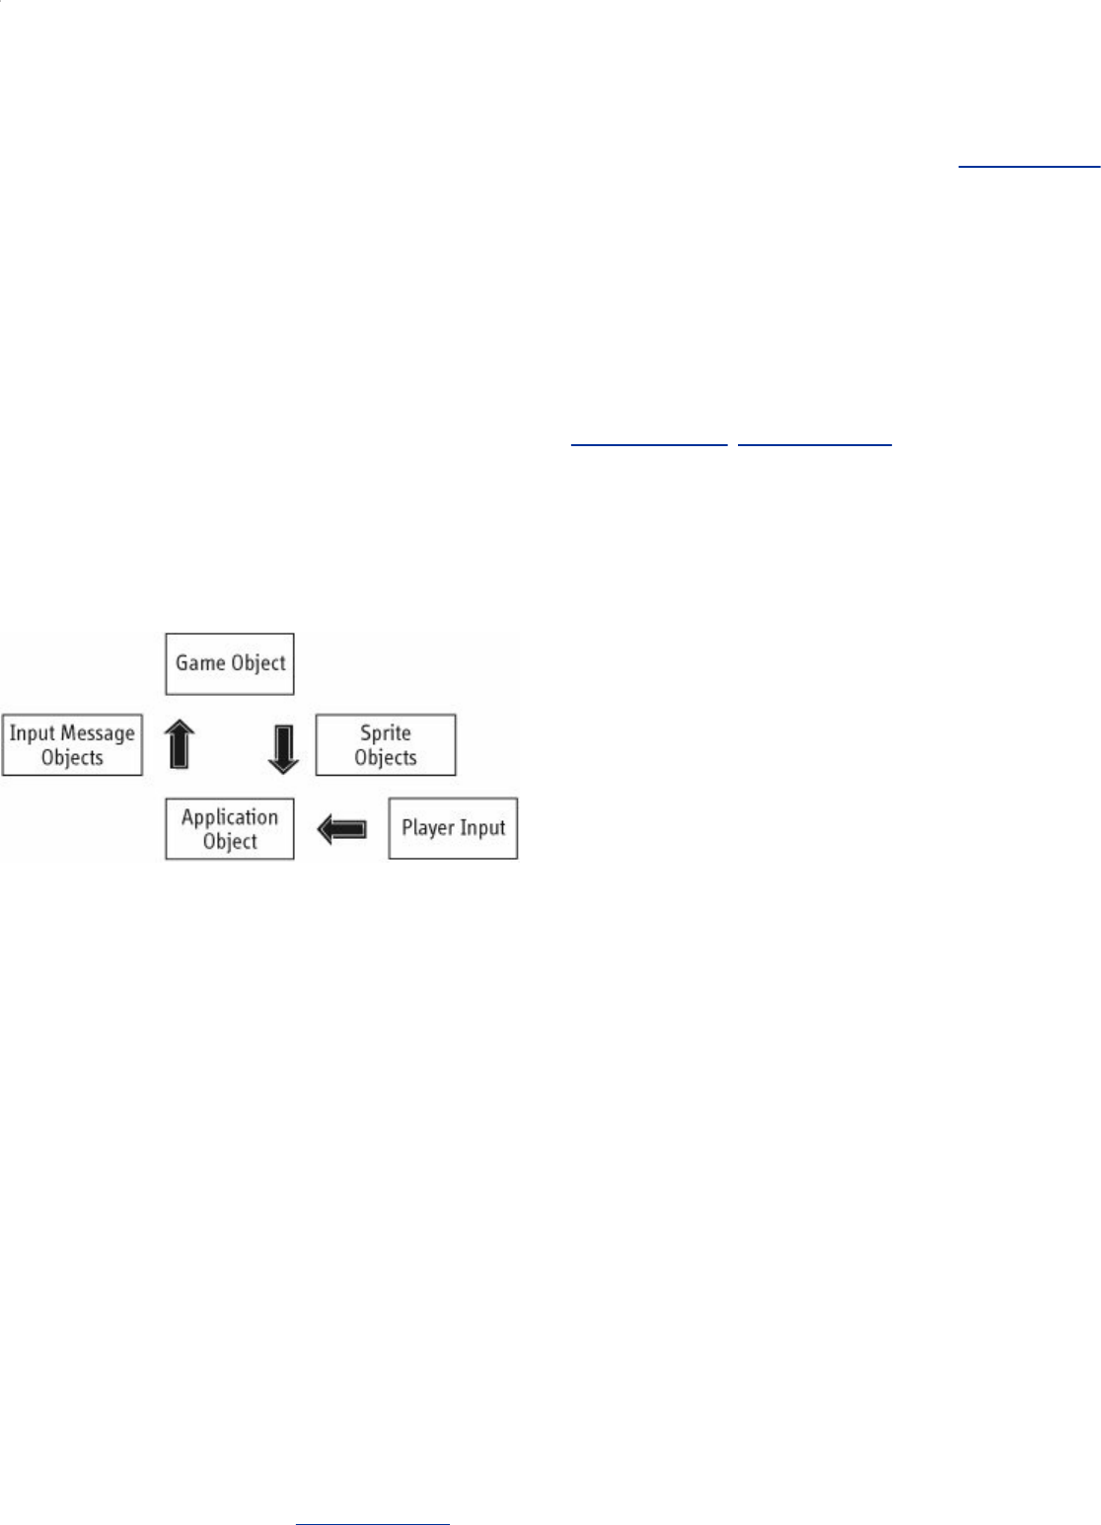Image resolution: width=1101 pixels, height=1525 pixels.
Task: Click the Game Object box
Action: (230, 663)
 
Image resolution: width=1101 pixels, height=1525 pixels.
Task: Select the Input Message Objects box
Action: (72, 745)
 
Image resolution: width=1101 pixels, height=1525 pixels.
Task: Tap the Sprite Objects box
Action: (385, 745)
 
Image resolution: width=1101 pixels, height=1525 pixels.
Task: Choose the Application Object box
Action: (230, 828)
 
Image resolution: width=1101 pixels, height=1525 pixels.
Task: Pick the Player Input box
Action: (453, 828)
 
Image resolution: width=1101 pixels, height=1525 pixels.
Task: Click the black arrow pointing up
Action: (179, 743)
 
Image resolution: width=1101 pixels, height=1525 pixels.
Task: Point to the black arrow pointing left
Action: (341, 829)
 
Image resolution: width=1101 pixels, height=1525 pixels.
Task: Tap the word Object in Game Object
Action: (258, 663)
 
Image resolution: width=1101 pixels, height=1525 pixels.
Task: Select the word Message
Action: (97, 733)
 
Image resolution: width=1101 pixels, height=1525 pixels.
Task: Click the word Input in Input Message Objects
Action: (32, 733)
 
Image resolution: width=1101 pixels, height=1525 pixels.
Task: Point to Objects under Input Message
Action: (72, 758)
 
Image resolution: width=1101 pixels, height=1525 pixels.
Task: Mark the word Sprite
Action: (385, 733)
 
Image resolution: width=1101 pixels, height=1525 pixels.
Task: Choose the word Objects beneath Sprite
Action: (385, 758)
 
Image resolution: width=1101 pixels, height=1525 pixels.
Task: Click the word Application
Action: (230, 816)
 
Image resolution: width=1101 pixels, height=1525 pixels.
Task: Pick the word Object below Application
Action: (230, 841)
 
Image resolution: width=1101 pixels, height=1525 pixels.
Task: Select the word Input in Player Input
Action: (483, 828)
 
